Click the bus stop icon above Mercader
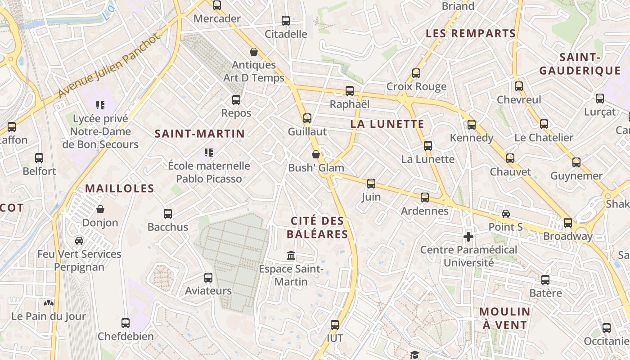coord(217,5)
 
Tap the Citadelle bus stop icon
coord(286,21)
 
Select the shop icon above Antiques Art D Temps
coord(254,52)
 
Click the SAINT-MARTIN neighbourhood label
coord(200,134)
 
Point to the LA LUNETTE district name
coord(387,124)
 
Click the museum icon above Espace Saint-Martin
coord(291,256)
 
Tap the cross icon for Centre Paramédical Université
coord(468,236)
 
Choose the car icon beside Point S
coord(506,214)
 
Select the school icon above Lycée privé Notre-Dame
coord(100,105)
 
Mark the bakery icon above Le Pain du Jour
coord(49,303)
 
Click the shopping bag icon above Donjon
coord(100,209)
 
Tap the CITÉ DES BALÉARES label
coord(317,228)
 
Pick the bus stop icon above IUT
coord(335,325)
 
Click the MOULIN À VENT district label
coord(504,318)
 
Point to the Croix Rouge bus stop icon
coord(416,73)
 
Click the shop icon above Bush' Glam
coord(316,154)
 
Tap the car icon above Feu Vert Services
coord(79,241)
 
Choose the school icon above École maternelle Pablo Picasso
coord(208,153)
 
